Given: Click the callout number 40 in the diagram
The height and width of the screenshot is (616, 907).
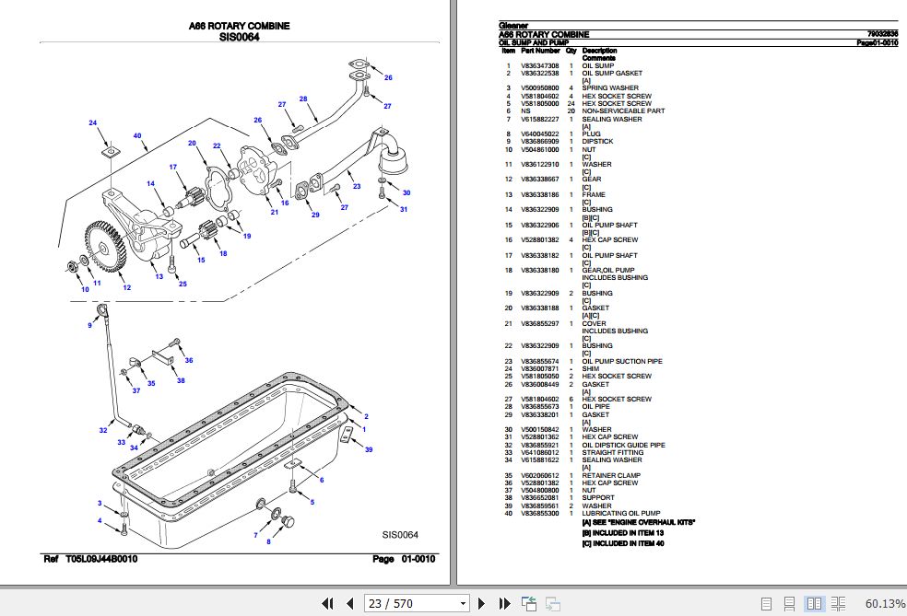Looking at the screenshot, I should coord(137,136).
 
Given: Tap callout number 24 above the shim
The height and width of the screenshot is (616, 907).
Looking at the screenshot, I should coord(92,123).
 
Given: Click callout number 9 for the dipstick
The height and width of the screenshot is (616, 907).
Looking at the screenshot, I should coord(90,325).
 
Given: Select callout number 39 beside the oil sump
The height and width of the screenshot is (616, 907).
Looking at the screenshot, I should coord(369,449).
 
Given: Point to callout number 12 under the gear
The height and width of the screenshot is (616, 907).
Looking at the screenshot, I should coord(126,288).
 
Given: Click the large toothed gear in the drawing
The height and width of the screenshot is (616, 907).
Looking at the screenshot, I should coord(103,247).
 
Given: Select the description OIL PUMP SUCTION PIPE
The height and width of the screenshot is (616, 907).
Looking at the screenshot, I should coord(621,361).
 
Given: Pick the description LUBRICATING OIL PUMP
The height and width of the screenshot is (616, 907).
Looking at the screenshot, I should coord(620,513).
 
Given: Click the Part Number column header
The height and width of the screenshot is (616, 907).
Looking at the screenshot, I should coord(540,51).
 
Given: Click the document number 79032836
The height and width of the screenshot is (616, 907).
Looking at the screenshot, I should coord(880,34).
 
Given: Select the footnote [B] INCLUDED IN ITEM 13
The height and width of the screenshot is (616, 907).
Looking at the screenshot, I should coord(622,533).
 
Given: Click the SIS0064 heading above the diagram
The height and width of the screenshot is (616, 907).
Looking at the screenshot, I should coord(239,38).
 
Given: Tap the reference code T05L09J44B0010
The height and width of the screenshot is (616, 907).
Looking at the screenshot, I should coord(101,559).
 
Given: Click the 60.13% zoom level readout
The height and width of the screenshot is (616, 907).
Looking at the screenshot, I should coord(886,603).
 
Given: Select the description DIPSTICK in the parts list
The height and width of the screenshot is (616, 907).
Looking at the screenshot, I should coord(598,142).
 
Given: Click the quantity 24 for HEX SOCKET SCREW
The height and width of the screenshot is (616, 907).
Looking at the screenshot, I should coord(571,103).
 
